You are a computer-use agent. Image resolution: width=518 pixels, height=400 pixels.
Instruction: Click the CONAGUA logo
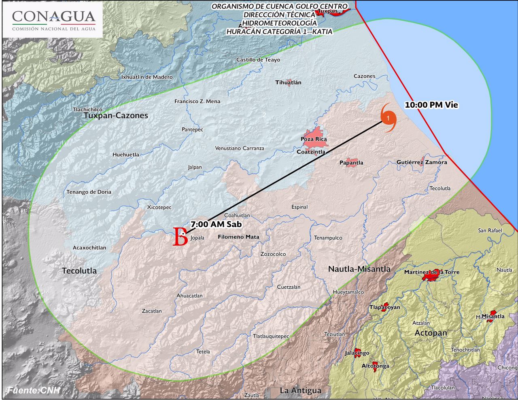(53, 20)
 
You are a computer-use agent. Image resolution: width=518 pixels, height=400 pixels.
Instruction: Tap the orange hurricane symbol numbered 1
(388, 118)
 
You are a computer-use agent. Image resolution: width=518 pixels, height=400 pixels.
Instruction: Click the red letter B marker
(180, 237)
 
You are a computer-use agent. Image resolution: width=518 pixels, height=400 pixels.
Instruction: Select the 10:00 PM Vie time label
(431, 105)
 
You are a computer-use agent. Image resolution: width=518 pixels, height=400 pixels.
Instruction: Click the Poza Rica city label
(314, 139)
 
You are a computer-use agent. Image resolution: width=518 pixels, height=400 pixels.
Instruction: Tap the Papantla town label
(351, 163)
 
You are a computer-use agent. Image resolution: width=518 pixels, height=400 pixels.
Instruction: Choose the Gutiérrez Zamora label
(422, 162)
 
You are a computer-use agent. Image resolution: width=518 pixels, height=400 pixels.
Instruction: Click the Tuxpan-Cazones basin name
(116, 116)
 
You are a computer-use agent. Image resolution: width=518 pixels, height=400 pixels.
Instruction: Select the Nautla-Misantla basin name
(359, 269)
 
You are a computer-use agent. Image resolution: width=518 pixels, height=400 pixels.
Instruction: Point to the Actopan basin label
(431, 333)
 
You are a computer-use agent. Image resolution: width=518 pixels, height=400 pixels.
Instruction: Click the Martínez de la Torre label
(432, 272)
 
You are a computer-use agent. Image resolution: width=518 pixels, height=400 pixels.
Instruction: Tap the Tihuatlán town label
(288, 83)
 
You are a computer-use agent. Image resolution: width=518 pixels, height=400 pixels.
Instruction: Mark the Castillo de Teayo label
(258, 60)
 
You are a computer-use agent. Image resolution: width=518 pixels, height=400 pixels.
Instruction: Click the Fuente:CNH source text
(34, 390)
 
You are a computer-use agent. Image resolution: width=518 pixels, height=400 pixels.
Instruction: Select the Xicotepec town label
(159, 207)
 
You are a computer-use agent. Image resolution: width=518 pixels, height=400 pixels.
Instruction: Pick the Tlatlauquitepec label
(271, 336)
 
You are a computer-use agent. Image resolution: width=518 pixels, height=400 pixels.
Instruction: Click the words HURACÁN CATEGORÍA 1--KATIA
(279, 32)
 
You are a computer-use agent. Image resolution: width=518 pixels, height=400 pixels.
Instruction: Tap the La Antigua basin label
(301, 391)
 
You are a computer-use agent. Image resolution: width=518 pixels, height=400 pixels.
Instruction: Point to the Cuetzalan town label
(289, 287)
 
